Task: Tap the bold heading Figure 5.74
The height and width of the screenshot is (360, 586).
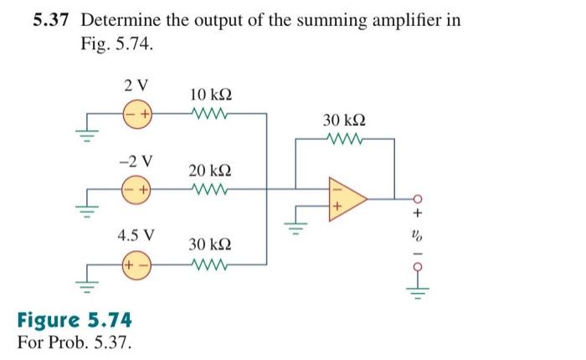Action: click(x=73, y=321)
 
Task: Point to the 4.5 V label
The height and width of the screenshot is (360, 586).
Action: click(x=135, y=235)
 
